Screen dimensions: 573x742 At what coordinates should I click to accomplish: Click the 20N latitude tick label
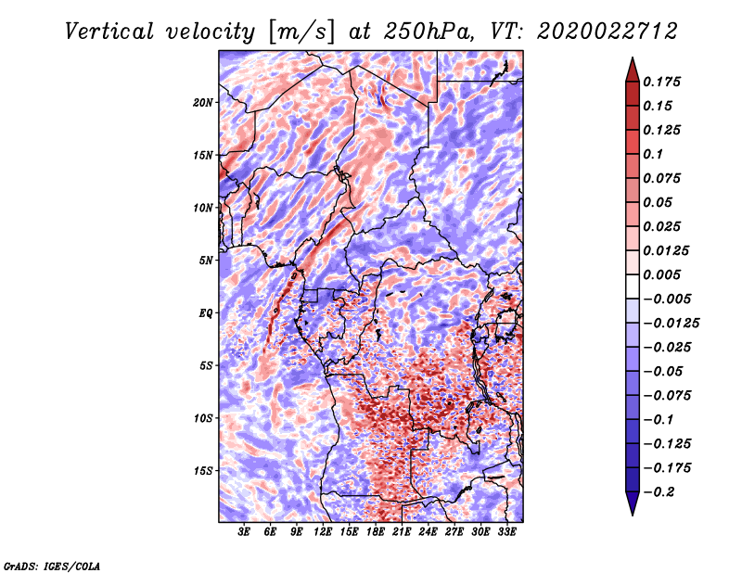coord(203,102)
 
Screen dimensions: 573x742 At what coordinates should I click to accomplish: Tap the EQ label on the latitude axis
coord(206,312)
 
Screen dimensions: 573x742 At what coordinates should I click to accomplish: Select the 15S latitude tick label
coord(203,470)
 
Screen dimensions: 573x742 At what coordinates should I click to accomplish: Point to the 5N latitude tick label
coord(206,260)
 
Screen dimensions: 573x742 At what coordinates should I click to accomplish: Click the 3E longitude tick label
coord(244,532)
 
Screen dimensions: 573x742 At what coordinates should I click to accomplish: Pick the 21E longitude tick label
coord(403,532)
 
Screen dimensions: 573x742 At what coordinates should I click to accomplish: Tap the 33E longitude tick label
coord(507,532)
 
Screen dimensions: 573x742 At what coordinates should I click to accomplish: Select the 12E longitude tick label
coord(323,532)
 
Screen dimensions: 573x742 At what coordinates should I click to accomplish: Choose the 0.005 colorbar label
coord(664,274)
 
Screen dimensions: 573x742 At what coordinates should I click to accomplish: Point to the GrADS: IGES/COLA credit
coord(52,565)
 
